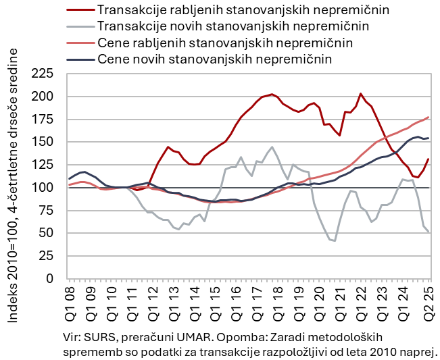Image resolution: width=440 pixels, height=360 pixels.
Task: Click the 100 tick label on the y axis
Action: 43,187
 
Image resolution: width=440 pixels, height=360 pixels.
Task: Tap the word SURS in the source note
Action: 99,336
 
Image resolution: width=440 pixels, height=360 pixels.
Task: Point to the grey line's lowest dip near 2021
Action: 335,241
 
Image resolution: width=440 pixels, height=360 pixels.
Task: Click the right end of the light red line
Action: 429,118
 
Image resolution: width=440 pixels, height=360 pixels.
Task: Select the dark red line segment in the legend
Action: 80,11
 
